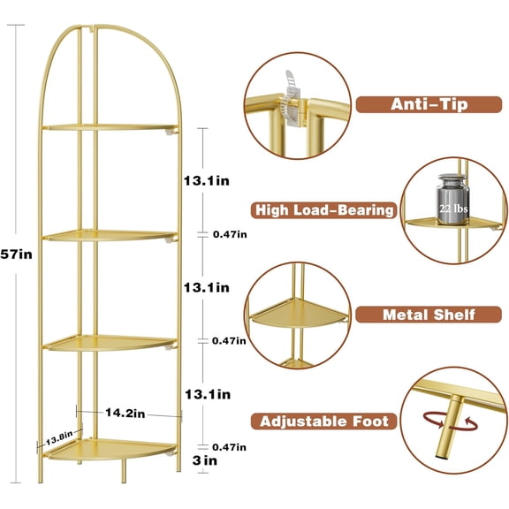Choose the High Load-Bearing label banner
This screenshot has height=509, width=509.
coord(324,209)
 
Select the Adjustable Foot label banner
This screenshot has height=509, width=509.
coord(324,421)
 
